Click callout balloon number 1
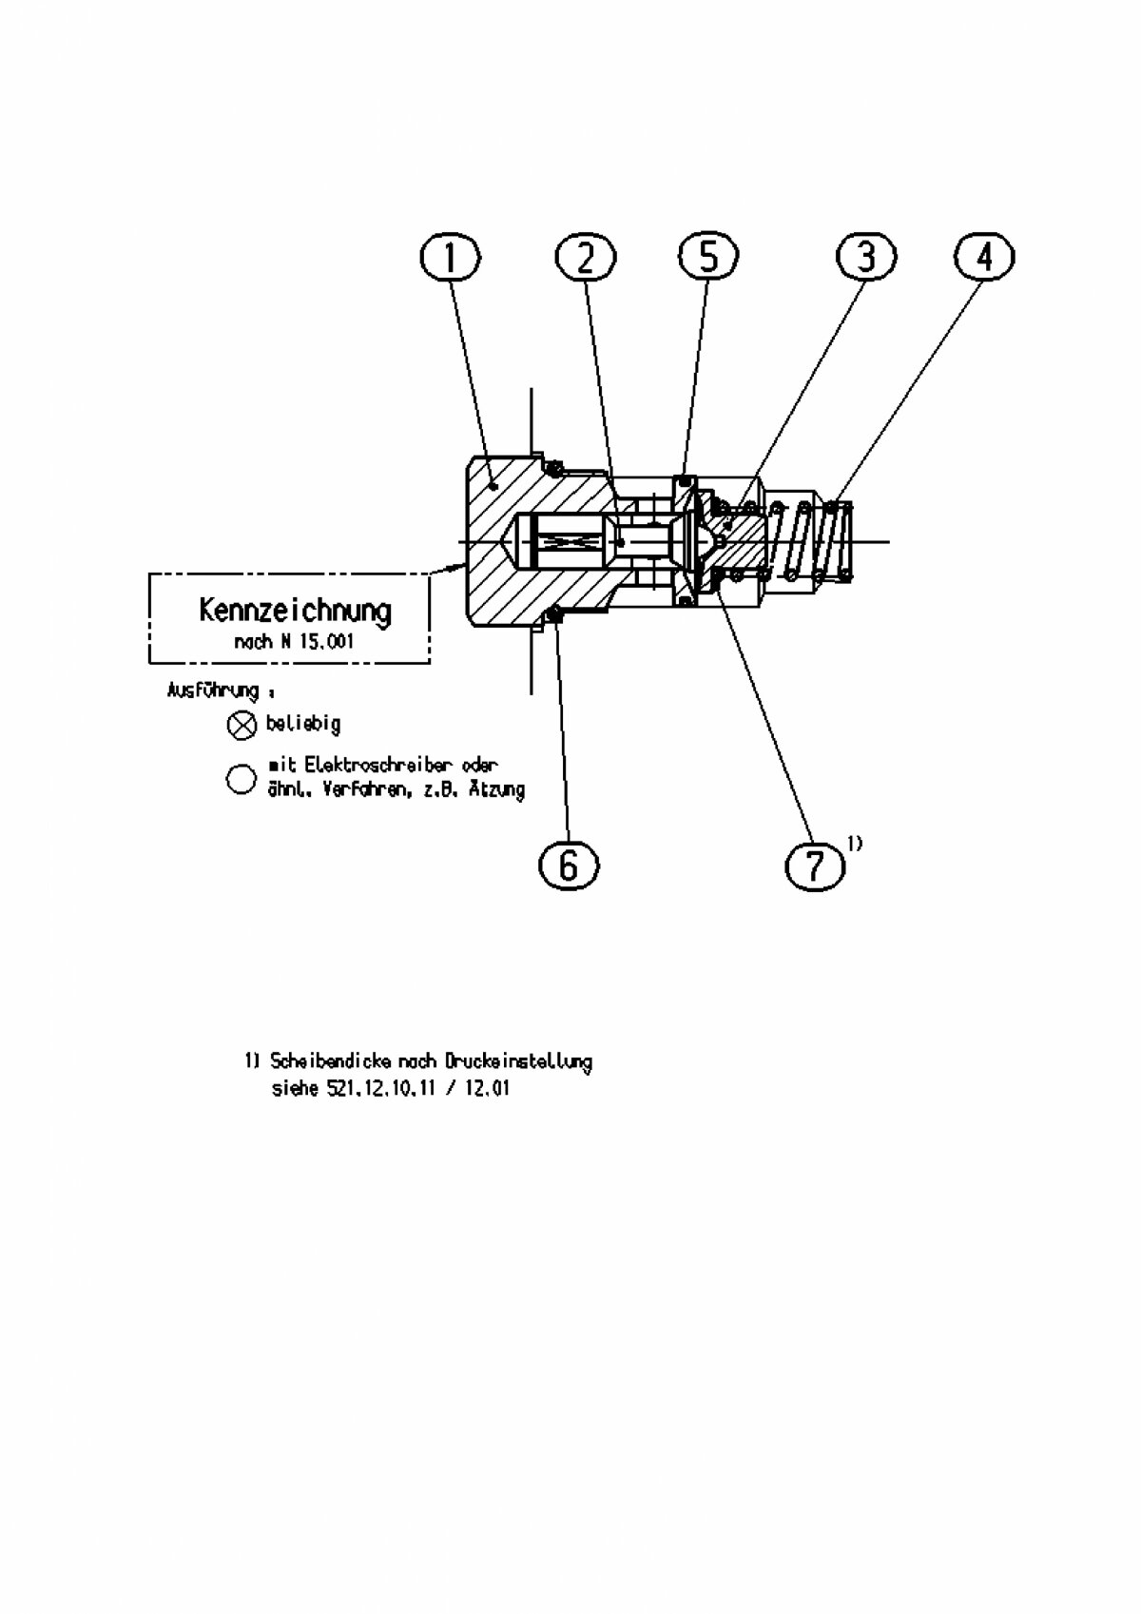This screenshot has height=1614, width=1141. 450,257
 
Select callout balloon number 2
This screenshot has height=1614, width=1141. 585,257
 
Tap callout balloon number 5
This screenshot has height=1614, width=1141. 708,257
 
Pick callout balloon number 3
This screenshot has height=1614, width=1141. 865,257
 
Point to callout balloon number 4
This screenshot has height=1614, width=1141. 985,257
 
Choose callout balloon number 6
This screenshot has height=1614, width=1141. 568,865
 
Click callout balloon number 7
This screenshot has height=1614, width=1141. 815,865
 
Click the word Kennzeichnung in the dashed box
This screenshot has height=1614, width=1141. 295,610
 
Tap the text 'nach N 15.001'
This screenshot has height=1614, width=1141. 294,641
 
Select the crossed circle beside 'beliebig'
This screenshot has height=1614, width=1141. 242,726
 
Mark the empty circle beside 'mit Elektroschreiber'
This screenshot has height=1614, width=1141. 241,778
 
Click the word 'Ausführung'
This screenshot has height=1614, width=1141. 213,690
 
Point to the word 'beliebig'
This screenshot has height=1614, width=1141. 302,724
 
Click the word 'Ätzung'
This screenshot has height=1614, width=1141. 496,789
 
